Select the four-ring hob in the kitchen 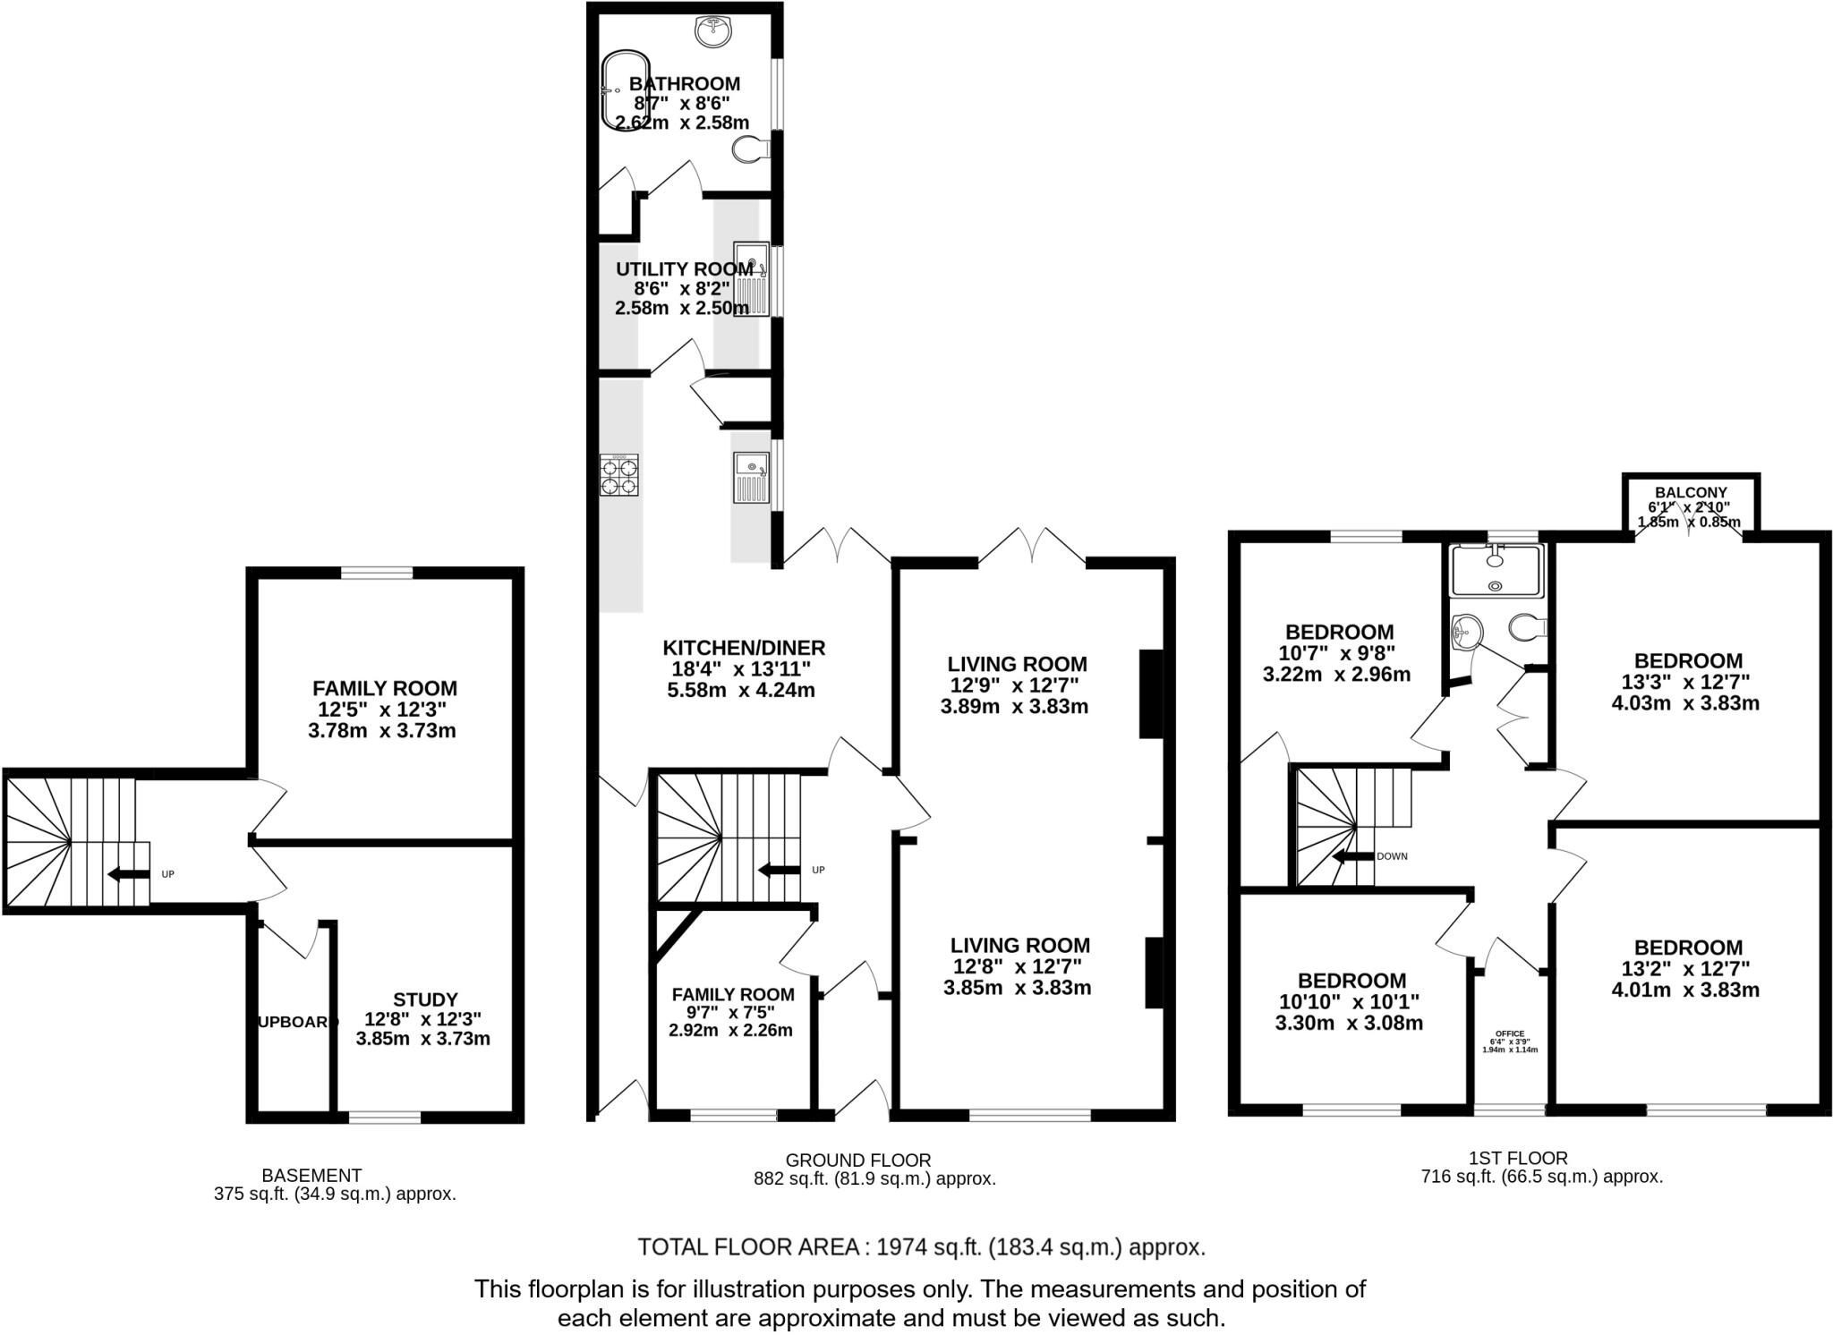coord(619,475)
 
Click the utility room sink coord(751,278)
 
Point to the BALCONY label coord(1690,492)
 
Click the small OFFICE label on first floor coord(1509,1033)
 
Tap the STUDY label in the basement coord(425,999)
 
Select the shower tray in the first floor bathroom coord(1496,571)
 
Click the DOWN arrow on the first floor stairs coord(1352,856)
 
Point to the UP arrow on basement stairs coord(127,874)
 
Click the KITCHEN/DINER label coord(743,648)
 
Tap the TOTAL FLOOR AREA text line coord(920,1247)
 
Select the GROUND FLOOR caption coord(857,1161)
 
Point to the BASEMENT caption coord(311,1175)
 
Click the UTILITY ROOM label coord(684,269)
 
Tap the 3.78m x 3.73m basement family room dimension coord(382,731)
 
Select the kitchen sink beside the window coord(751,477)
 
